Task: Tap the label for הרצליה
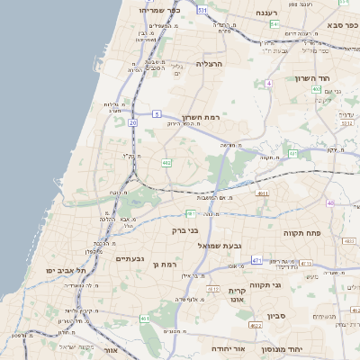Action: (207, 65)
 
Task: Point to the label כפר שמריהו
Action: (160, 10)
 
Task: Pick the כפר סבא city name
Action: (342, 25)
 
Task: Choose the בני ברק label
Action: (186, 230)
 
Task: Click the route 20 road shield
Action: (132, 122)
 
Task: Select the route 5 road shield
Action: (157, 113)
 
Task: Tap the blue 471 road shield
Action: (256, 261)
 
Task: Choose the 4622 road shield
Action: (255, 327)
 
